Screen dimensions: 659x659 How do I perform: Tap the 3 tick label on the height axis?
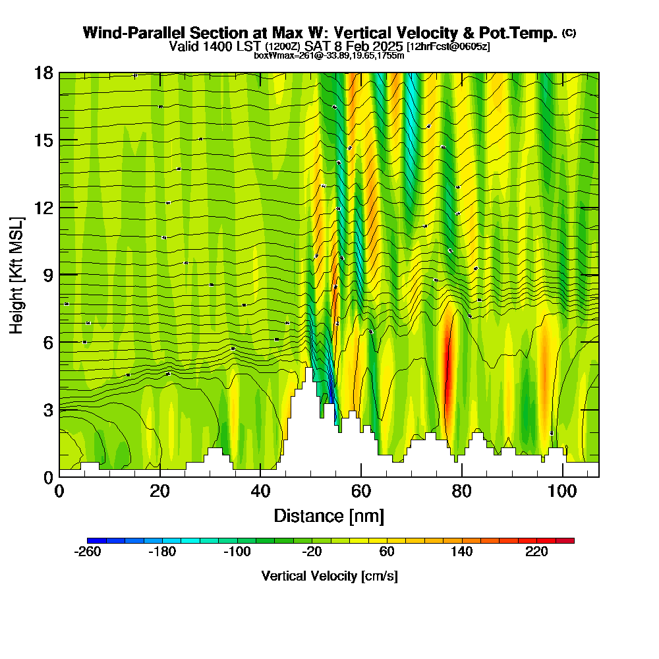pyautogui.click(x=47, y=410)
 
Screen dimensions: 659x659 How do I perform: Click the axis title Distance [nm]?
pyautogui.click(x=329, y=515)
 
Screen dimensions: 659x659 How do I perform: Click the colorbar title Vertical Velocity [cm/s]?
pyautogui.click(x=329, y=576)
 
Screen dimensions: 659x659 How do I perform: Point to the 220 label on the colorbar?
pyautogui.click(x=537, y=552)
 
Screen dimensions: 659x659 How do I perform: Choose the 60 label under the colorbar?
pyautogui.click(x=387, y=552)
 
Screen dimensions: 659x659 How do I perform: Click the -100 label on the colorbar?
pyautogui.click(x=237, y=552)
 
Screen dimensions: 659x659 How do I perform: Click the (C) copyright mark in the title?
pyautogui.click(x=569, y=33)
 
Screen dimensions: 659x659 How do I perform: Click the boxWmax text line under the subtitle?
pyautogui.click(x=329, y=55)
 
